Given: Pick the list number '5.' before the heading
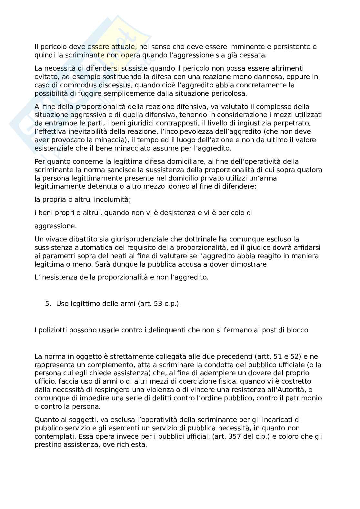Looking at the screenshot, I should pos(48,303).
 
